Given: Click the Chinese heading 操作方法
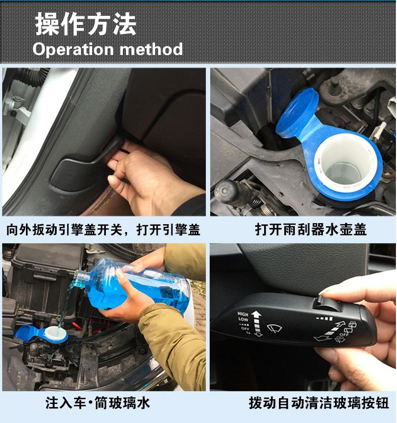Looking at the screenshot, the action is click(x=85, y=24).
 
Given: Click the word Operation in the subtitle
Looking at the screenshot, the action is click(x=73, y=49).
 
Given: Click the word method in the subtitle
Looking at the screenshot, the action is click(x=151, y=49).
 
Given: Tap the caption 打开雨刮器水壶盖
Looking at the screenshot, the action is click(x=311, y=229).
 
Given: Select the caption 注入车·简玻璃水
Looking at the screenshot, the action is click(x=98, y=403).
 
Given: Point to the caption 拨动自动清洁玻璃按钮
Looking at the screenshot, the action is click(x=319, y=403).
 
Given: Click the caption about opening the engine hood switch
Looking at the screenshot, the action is click(x=103, y=229).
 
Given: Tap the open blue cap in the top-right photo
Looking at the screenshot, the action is click(x=297, y=113).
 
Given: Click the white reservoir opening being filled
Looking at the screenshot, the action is click(x=56, y=333).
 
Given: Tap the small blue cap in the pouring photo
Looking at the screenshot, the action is click(x=25, y=332).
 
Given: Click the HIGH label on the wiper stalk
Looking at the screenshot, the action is click(x=243, y=314).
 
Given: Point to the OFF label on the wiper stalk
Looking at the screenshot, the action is click(x=245, y=328).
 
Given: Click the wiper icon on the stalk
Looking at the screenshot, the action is click(x=274, y=328).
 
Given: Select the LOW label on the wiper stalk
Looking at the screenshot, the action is click(x=243, y=319).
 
